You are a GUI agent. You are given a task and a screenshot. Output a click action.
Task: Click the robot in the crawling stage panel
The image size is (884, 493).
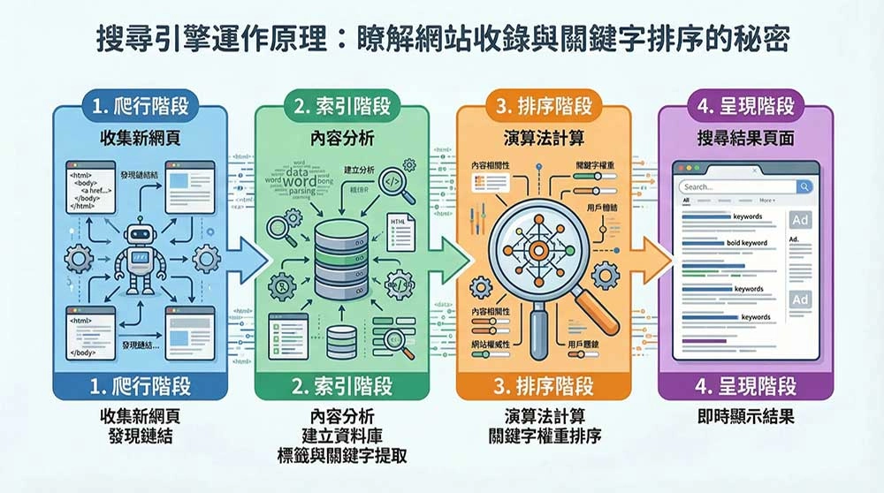click(x=138, y=257)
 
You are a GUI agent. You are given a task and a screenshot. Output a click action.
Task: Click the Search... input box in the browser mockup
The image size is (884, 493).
click(x=736, y=187)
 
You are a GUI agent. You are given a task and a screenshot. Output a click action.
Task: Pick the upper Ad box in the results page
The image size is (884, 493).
click(x=800, y=220)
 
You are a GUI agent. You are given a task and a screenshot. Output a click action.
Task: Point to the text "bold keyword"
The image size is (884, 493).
click(x=748, y=243)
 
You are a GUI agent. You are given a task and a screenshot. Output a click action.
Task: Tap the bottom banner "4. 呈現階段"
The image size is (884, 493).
click(x=745, y=386)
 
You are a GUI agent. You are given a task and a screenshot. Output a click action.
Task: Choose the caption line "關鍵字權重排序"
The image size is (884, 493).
click(x=544, y=436)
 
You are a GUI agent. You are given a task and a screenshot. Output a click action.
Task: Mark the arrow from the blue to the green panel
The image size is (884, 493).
click(x=250, y=257)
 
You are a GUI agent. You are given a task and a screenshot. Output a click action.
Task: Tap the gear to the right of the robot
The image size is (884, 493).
click(x=206, y=257)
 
